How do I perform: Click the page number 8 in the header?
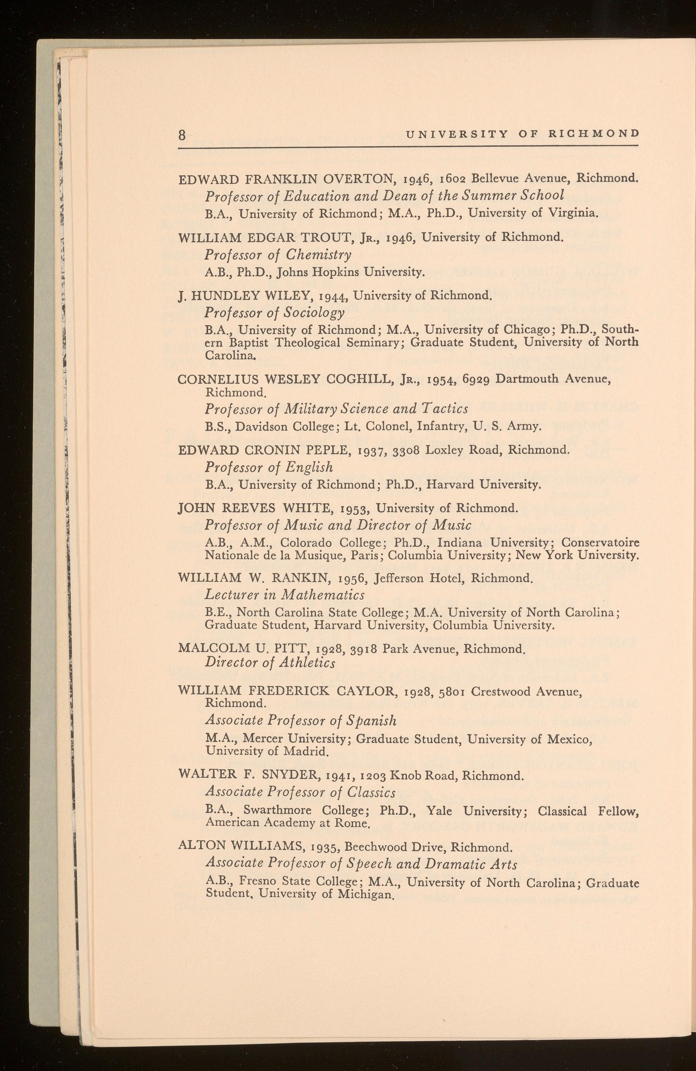(x=182, y=135)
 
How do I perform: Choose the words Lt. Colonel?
(x=378, y=426)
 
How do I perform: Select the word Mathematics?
(x=323, y=595)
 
